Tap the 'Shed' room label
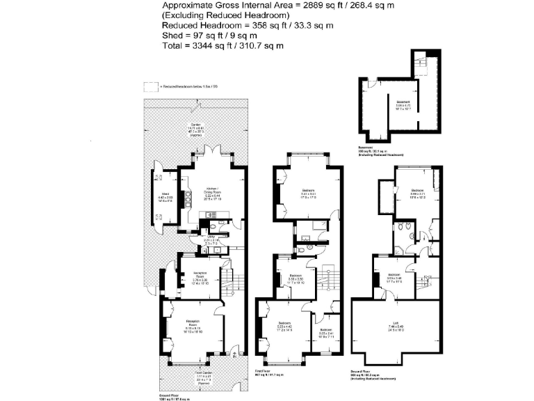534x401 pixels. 165,196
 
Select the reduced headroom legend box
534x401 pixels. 151,86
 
